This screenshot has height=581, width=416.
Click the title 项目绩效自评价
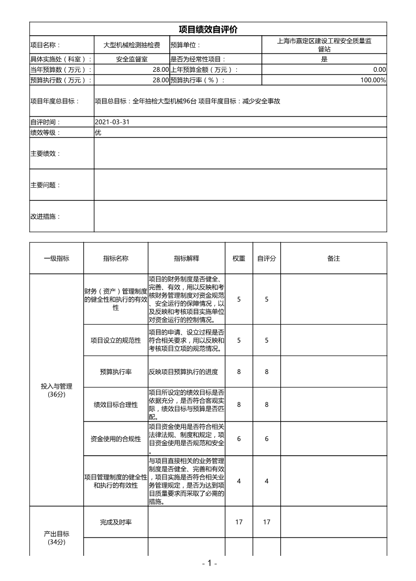(208, 29)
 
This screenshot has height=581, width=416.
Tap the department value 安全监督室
(132, 59)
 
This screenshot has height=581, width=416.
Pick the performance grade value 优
(98, 133)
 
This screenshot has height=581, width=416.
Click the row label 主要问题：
(46, 185)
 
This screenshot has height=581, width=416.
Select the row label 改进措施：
(46, 216)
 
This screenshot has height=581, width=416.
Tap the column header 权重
(239, 259)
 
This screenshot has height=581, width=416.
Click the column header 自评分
(267, 259)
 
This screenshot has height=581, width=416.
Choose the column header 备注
(334, 259)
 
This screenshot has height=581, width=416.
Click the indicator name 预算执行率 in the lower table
(116, 372)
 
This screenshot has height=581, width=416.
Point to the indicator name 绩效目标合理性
(116, 405)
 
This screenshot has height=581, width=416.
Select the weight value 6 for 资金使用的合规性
(239, 439)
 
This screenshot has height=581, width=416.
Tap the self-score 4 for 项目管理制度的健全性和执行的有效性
(267, 481)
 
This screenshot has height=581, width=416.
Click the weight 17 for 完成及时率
(239, 522)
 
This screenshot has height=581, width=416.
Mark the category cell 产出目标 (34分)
(56, 537)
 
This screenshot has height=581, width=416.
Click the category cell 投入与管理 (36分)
(56, 390)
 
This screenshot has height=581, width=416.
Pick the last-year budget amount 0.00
(379, 70)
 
